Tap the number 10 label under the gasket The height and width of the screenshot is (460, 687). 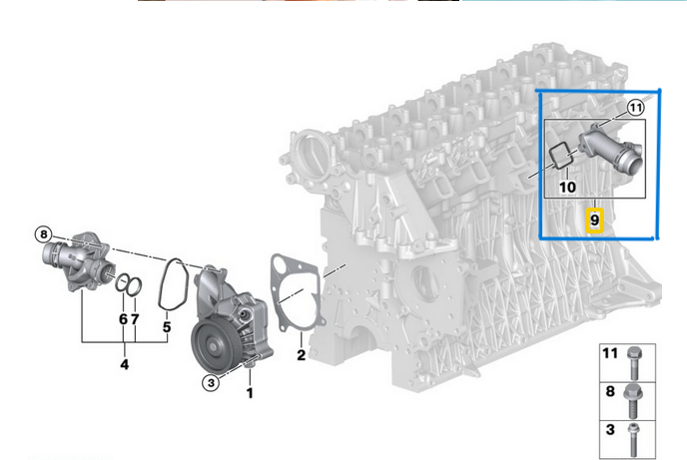tap(567, 186)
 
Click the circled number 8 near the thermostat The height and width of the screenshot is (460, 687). tap(43, 234)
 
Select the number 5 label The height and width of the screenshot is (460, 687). tap(167, 326)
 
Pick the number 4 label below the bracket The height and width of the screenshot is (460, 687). tap(124, 364)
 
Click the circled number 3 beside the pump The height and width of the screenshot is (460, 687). tap(212, 381)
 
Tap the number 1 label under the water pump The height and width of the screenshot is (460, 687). tap(250, 392)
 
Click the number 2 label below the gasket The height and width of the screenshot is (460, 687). tap(299, 353)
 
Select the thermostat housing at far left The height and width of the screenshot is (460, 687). tap(74, 261)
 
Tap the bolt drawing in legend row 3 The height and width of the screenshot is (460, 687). tap(634, 436)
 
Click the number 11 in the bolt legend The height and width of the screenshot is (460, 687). tap(609, 354)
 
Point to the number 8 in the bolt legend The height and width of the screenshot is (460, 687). tap(609, 393)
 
